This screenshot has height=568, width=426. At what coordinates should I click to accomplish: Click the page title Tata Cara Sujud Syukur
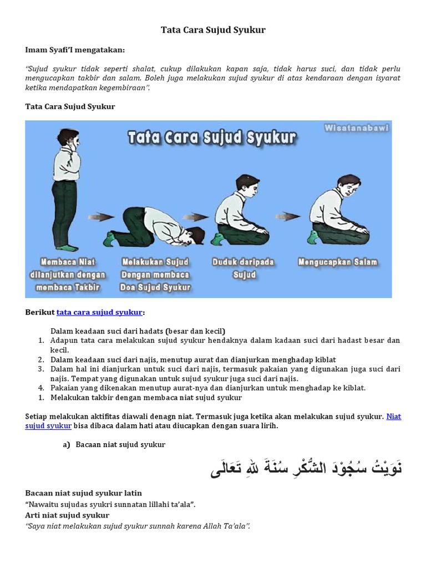pyautogui.click(x=213, y=30)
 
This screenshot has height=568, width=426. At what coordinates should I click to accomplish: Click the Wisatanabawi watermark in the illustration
pyautogui.click(x=356, y=128)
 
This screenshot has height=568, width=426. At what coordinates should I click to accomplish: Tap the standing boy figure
pyautogui.click(x=67, y=189)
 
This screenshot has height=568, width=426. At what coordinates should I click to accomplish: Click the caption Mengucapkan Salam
pyautogui.click(x=337, y=262)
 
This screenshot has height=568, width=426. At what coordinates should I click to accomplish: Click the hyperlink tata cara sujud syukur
pyautogui.click(x=99, y=312)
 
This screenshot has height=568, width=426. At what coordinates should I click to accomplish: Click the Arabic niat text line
pyautogui.click(x=306, y=468)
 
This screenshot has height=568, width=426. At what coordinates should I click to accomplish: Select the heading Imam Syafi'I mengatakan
pyautogui.click(x=75, y=50)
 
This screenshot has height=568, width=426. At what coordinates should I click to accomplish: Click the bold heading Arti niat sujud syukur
pyautogui.click(x=67, y=515)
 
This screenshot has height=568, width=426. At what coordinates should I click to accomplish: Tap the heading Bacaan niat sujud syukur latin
pyautogui.click(x=84, y=493)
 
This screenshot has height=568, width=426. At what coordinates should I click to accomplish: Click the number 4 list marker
pyautogui.click(x=41, y=388)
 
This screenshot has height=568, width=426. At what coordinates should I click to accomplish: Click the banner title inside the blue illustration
pyautogui.click(x=212, y=138)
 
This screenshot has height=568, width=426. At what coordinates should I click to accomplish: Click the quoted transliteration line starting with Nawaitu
pyautogui.click(x=111, y=504)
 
